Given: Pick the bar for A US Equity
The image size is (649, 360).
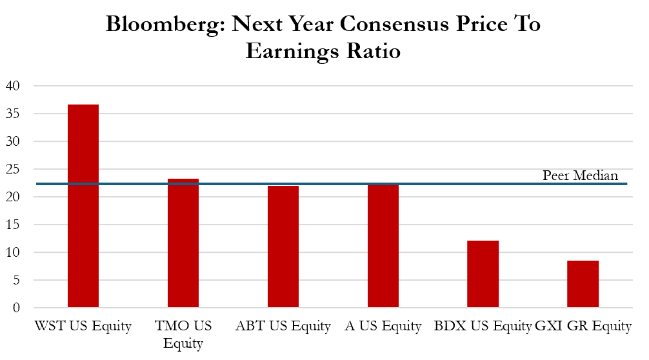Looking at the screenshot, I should coord(383,245).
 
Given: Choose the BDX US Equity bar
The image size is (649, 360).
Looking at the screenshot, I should coord(483,274).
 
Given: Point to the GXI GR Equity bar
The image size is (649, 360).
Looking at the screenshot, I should coord(583,284).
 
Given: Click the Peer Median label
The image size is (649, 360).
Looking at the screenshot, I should coord(580,175).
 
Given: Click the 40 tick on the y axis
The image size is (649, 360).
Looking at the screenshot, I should coord(14,86).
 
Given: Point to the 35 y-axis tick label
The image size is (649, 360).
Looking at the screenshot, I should coord(14,114).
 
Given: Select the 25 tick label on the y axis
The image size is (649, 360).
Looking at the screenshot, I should coord(14,169).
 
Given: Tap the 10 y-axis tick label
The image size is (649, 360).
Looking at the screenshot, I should coord(14,252).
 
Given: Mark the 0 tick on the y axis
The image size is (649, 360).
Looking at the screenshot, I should coord(17,308).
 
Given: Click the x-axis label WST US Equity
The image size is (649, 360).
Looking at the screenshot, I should coord(83,326).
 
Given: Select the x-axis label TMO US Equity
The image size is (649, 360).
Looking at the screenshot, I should coord(183,334).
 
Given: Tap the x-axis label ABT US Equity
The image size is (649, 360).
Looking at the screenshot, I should coord(283,326).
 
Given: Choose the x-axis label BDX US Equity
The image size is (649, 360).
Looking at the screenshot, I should coord(483,326).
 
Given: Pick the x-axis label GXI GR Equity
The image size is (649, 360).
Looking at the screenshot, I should coord(584,326).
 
